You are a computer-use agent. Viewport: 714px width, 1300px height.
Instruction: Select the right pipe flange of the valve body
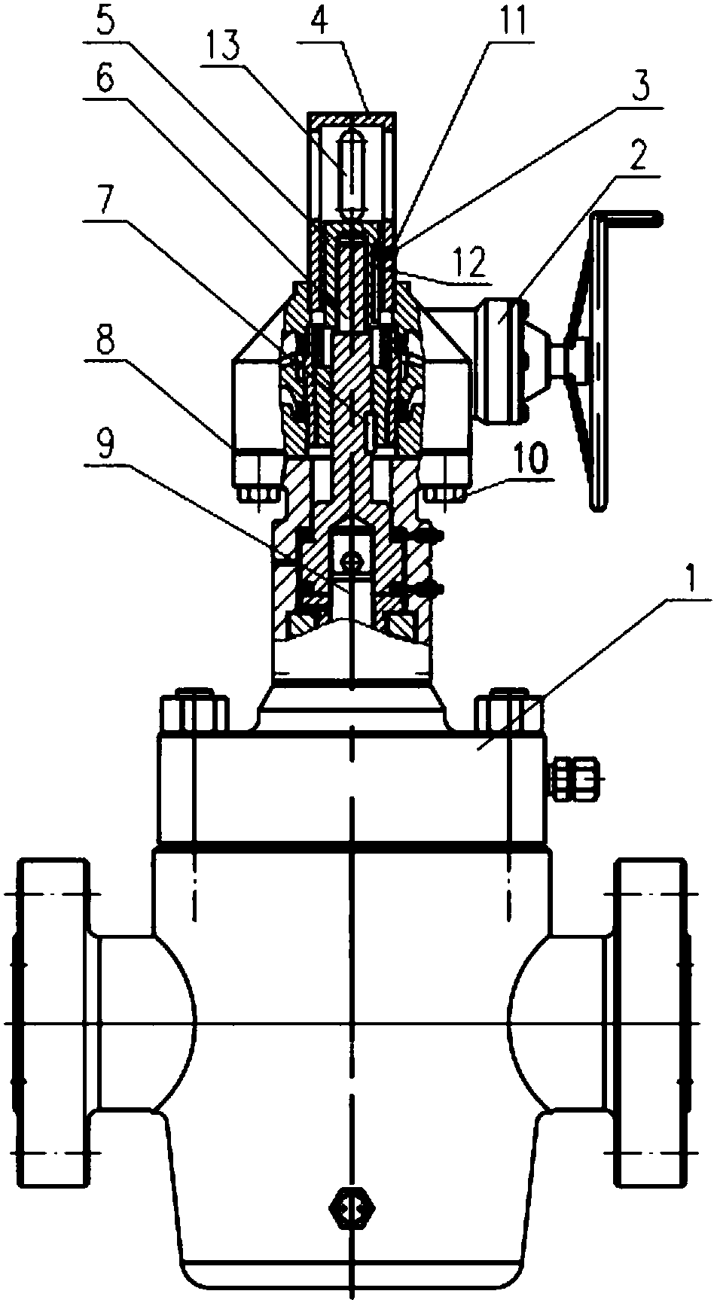(653, 1024)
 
